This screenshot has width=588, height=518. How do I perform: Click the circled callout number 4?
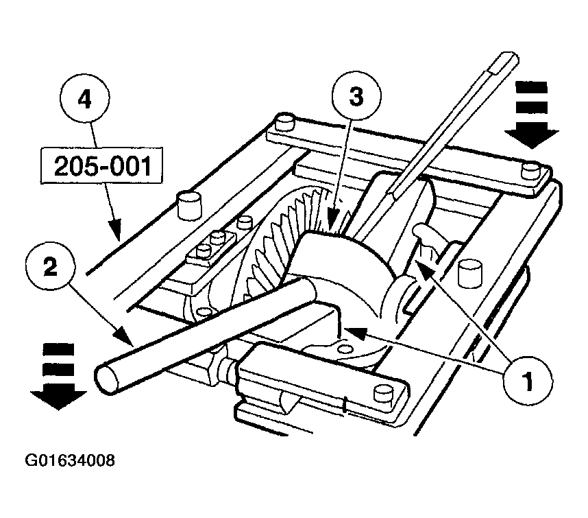point(85,98)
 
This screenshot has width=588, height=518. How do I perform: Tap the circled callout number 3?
point(356,95)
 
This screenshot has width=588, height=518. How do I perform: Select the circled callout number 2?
point(51,267)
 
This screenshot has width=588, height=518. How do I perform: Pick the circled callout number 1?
point(528,381)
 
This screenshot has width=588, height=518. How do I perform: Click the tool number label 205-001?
point(102,166)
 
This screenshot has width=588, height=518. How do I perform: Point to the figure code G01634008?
point(70,460)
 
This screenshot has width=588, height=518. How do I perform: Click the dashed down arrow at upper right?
point(531,115)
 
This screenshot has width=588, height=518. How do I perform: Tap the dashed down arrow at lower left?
point(58,377)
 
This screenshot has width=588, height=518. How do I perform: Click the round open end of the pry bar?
point(108,379)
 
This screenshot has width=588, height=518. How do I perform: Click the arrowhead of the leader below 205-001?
point(115,230)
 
